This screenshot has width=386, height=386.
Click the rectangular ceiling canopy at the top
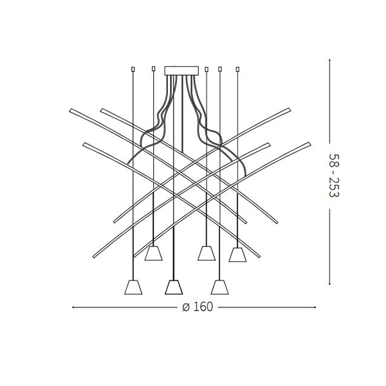pyautogui.click(x=181, y=70)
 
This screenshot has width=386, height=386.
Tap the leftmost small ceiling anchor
pyautogui.click(x=133, y=69)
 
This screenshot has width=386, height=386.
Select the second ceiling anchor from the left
pyautogui.click(x=153, y=68)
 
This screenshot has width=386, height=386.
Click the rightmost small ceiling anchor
pyautogui.click(x=237, y=69)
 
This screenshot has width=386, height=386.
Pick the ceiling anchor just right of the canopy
pyautogui.click(x=207, y=69)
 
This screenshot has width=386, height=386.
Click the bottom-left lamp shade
pyautogui.click(x=133, y=287)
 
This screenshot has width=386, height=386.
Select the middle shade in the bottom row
pyautogui.click(x=174, y=287)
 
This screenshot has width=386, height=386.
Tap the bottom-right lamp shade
pyautogui.click(x=220, y=287)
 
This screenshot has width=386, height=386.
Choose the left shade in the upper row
pyautogui.click(x=153, y=253)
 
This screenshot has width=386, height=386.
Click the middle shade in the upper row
pyautogui.click(x=207, y=253)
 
